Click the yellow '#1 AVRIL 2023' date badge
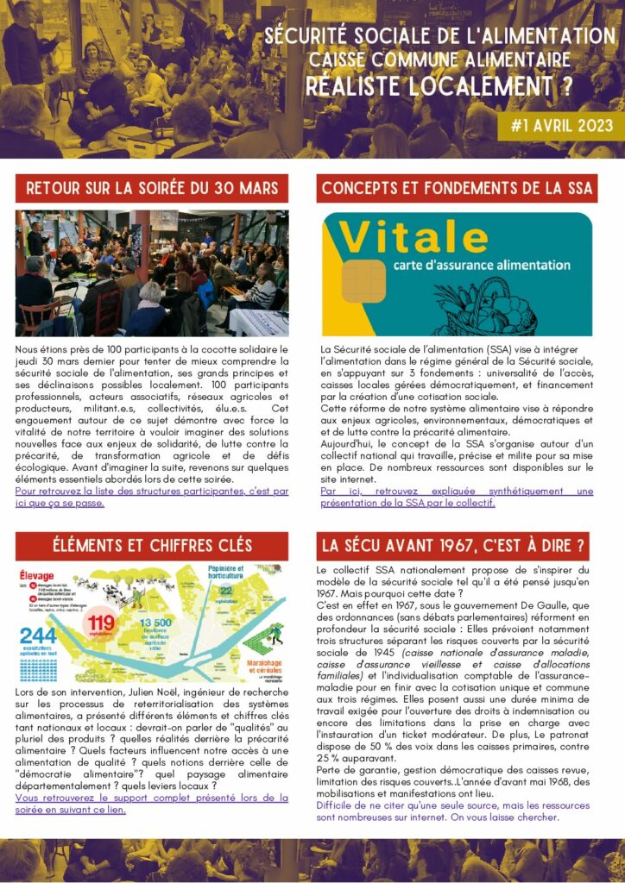[561, 127]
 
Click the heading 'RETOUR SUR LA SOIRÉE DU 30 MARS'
[152, 188]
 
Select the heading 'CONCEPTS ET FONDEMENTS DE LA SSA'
[457, 188]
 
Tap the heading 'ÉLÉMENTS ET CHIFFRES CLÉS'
[152, 545]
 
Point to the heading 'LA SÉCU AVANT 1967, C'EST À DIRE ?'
[453, 545]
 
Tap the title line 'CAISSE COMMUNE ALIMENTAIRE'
[440, 60]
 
